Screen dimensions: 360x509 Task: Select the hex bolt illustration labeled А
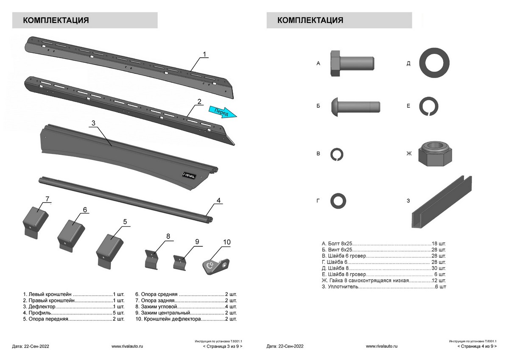(x=351, y=63)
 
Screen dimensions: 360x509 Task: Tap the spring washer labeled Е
(x=429, y=106)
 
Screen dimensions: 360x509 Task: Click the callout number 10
(x=227, y=242)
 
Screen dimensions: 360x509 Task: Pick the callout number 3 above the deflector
(x=93, y=123)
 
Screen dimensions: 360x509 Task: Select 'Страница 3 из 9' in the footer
(x=223, y=346)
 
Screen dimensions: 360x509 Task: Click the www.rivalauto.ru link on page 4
(x=381, y=346)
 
